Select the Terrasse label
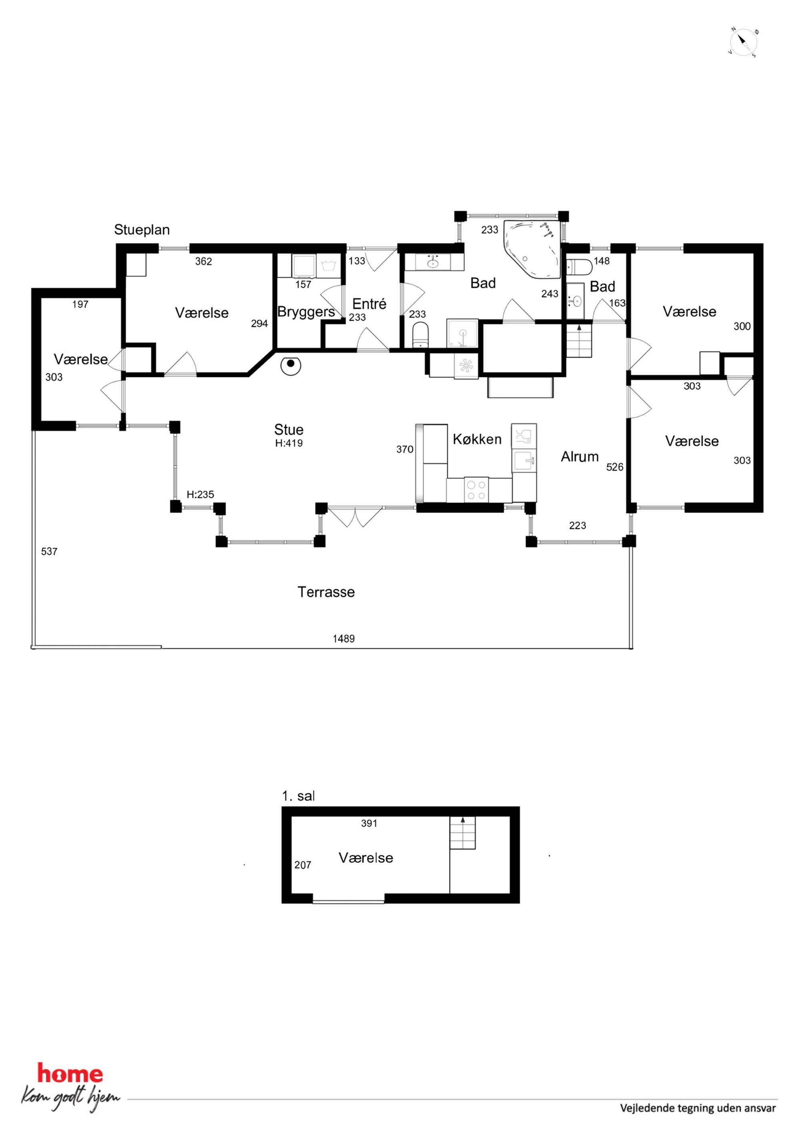(326, 592)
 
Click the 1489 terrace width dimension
(343, 639)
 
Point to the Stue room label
(289, 429)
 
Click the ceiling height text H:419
(289, 443)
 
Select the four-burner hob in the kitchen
(477, 490)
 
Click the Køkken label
(477, 439)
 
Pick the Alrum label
(580, 457)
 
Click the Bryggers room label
(306, 312)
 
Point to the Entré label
(369, 304)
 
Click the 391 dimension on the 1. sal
(369, 824)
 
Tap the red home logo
(70, 1074)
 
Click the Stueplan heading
(142, 230)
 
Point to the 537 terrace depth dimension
(49, 551)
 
